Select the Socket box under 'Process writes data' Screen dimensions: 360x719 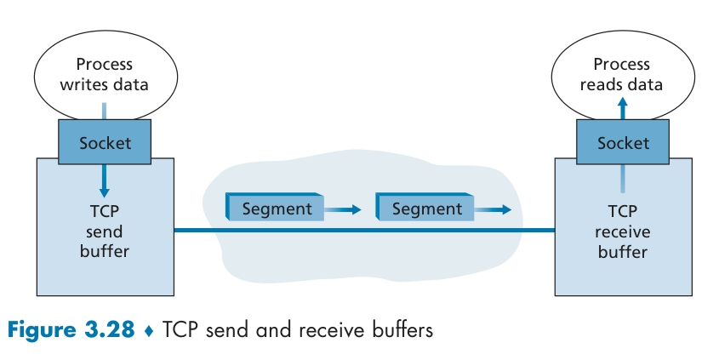click(x=106, y=142)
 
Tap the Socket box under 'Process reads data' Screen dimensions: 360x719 click(x=623, y=142)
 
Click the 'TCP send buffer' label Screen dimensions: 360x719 click(x=105, y=232)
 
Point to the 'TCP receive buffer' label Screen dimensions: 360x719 click(x=622, y=232)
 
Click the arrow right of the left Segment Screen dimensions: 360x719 click(x=344, y=209)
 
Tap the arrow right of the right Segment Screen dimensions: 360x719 click(x=494, y=209)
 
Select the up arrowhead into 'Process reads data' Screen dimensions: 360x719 click(x=622, y=101)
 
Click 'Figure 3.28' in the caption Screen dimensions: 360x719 click(x=72, y=329)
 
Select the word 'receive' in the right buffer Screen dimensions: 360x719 click(x=622, y=232)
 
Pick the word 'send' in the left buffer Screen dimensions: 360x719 click(x=105, y=232)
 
